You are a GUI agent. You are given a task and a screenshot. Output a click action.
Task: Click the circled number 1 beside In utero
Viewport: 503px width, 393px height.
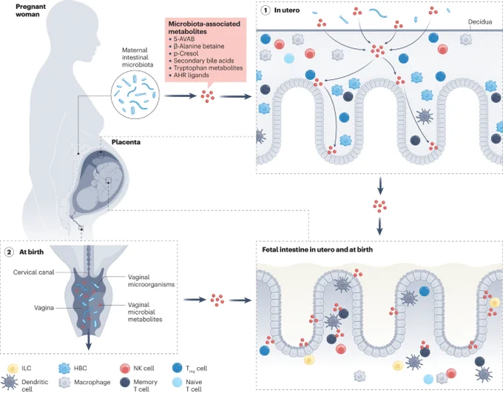click(x=266, y=10)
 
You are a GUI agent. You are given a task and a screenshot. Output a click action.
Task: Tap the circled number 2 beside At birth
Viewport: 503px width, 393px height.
click(x=9, y=252)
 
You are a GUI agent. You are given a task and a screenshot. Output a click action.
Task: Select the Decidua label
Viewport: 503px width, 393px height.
click(x=480, y=22)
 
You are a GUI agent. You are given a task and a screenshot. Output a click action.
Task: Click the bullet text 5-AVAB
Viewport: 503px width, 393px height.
click(x=183, y=38)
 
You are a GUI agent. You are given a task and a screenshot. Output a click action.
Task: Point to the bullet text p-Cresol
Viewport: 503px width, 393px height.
click(x=186, y=53)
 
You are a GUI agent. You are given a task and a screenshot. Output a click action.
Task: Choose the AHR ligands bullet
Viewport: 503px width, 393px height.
click(x=191, y=75)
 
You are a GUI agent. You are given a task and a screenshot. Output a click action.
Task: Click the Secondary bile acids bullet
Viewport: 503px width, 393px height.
click(x=203, y=61)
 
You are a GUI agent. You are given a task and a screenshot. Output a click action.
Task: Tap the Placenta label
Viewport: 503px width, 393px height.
click(x=126, y=142)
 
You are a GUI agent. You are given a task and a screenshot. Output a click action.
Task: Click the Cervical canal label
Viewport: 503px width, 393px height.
click(x=33, y=272)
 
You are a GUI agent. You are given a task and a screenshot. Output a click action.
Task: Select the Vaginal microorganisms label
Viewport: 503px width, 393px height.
click(x=151, y=281)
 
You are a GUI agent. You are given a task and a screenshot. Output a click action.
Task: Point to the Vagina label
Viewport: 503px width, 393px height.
click(x=44, y=308)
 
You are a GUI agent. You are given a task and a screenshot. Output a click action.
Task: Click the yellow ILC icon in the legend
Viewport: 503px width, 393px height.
click(x=13, y=369)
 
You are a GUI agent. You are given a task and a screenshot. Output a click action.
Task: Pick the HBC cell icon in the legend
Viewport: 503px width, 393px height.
click(x=64, y=369)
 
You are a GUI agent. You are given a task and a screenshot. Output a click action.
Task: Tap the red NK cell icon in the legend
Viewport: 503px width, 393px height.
click(x=124, y=369)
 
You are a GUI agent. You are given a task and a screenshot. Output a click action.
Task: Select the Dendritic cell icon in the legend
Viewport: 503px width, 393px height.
click(x=10, y=382)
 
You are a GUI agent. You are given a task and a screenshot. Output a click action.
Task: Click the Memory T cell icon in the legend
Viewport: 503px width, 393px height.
click(x=124, y=382)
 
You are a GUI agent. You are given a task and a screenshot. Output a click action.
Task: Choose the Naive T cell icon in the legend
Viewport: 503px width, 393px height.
click(x=177, y=382)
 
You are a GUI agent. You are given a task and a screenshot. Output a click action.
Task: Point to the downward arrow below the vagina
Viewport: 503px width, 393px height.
click(x=89, y=341)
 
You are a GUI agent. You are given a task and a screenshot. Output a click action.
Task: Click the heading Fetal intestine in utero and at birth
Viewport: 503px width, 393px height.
click(x=317, y=249)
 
